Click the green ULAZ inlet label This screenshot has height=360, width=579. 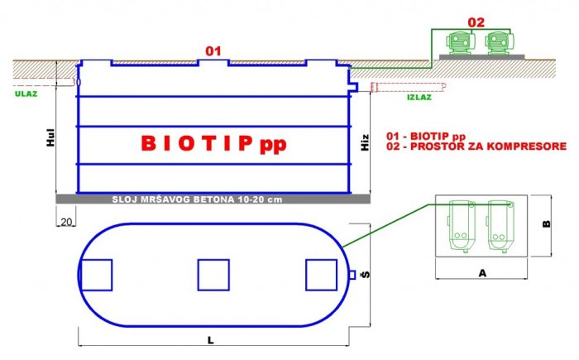coord(26,94)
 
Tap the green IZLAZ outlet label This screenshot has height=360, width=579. coord(419,98)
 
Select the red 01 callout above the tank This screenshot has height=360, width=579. coord(213,51)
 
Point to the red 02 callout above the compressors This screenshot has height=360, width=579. coord(476,22)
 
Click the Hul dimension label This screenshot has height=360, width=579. coord(50,137)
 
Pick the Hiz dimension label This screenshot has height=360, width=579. coord(365,142)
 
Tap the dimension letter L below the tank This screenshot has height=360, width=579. coord(210,340)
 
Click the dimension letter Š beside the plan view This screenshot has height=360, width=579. coord(366,274)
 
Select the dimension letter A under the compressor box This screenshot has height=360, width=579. coord(482,273)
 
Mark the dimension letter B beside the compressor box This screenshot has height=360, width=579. coord(547,223)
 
